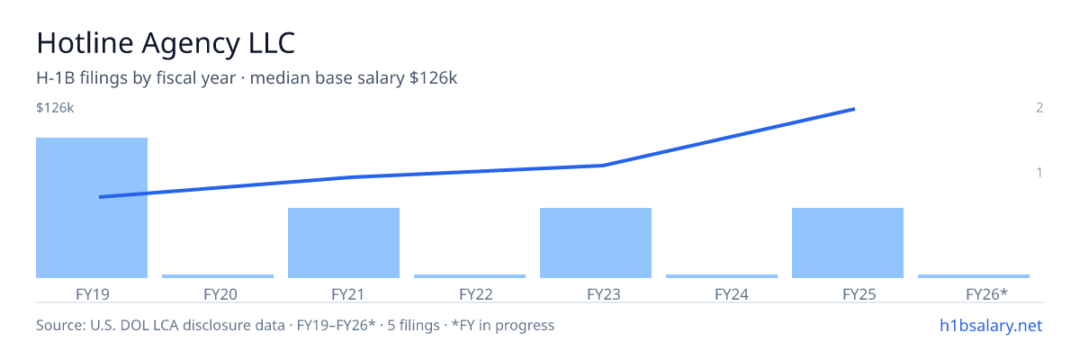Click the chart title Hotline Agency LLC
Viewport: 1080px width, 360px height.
(166, 43)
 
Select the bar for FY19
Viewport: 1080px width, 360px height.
(92, 208)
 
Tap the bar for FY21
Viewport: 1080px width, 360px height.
(344, 243)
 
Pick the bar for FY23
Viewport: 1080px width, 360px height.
(596, 243)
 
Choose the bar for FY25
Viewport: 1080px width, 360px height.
(848, 243)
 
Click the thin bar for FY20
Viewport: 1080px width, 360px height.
(218, 276)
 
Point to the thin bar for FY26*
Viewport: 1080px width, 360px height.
(974, 276)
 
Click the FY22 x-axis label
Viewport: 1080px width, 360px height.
(476, 294)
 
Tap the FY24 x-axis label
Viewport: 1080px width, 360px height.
(732, 294)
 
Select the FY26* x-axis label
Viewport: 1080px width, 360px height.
(987, 294)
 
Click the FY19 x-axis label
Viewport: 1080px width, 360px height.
(93, 294)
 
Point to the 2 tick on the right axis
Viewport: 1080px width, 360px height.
(1039, 107)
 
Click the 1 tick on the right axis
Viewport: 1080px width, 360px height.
(1039, 172)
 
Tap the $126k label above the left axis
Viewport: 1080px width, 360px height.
(55, 107)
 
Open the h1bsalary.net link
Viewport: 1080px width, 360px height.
(991, 325)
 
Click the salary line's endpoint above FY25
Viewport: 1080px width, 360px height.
(854, 110)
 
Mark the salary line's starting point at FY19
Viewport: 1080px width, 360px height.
(100, 197)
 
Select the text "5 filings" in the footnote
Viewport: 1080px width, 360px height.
(413, 325)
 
